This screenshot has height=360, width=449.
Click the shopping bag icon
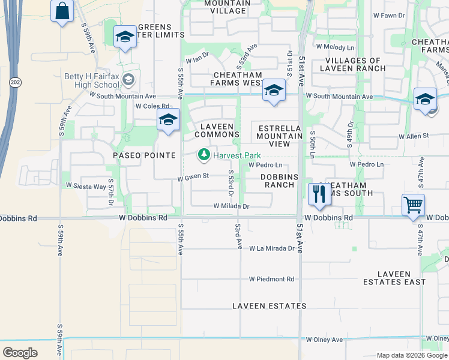(x=62, y=11)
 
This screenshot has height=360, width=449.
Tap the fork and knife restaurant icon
(x=318, y=194)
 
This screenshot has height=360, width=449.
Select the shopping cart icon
(x=413, y=205)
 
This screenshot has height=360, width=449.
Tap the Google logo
(x=20, y=353)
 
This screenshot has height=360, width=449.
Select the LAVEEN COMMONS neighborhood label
(x=220, y=130)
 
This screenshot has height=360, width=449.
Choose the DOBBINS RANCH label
(x=278, y=181)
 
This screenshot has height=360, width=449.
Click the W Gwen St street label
(x=193, y=176)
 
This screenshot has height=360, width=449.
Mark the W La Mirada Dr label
(x=273, y=248)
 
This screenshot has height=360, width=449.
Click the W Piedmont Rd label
(x=272, y=279)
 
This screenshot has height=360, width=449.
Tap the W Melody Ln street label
(x=336, y=46)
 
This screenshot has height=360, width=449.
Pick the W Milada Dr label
(x=231, y=206)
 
